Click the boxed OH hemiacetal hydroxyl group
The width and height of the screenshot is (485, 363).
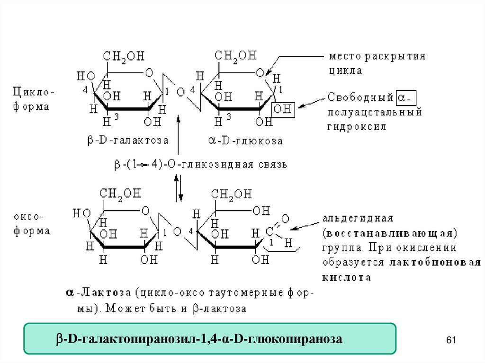coord(283,109)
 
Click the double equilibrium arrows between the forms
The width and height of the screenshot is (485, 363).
coord(178,188)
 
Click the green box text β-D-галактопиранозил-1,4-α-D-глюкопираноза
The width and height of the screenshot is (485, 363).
coord(199,339)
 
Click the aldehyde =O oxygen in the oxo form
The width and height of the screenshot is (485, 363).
coord(285,218)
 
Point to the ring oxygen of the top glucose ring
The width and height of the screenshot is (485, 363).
coord(260,73)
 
